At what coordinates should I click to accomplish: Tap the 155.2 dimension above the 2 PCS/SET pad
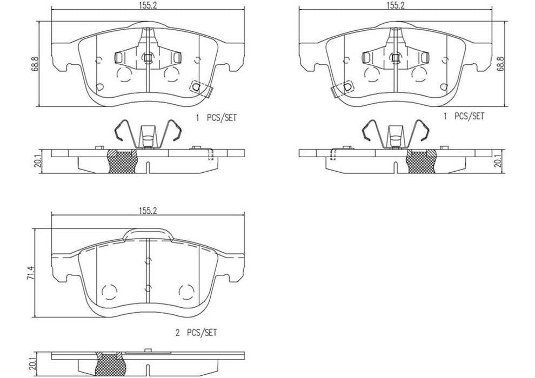point(147,211)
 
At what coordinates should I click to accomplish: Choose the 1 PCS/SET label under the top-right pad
point(463,117)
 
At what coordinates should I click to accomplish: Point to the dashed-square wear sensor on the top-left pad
point(195,86)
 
